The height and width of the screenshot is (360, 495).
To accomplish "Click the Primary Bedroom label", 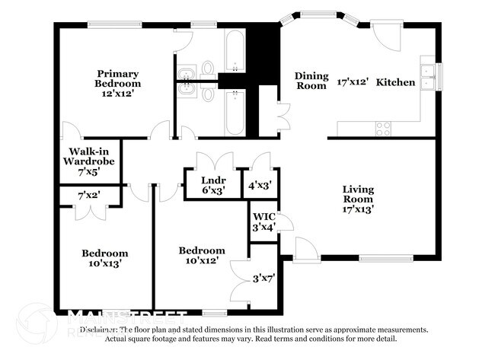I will pyautogui.click(x=118, y=78).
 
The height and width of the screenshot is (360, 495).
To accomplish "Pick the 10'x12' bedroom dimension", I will pyautogui.click(x=202, y=260).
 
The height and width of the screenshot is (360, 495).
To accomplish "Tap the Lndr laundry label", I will pyautogui.click(x=212, y=180).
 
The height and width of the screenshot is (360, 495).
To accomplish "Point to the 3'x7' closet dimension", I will pyautogui.click(x=263, y=278).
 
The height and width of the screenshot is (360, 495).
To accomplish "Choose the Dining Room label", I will pyautogui.click(x=311, y=81).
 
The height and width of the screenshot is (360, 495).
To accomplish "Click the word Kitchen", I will pyautogui.click(x=396, y=82).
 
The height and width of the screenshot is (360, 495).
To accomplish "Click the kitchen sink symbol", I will pyautogui.click(x=428, y=73).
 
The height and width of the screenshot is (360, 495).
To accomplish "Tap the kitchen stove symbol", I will pyautogui.click(x=383, y=128).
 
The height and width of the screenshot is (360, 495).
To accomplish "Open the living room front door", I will pyautogui.click(x=305, y=250).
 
